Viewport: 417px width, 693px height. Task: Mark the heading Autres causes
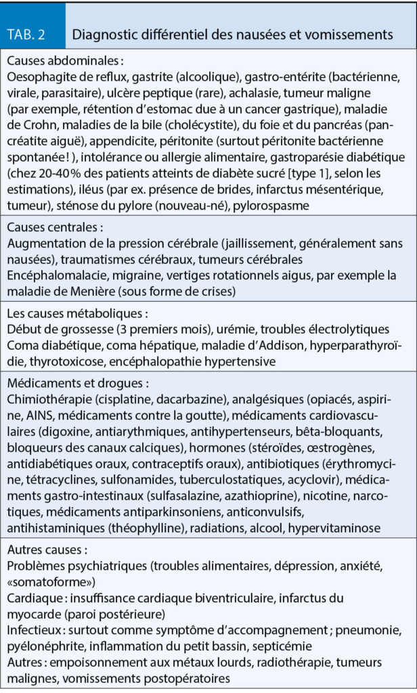[47, 548]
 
